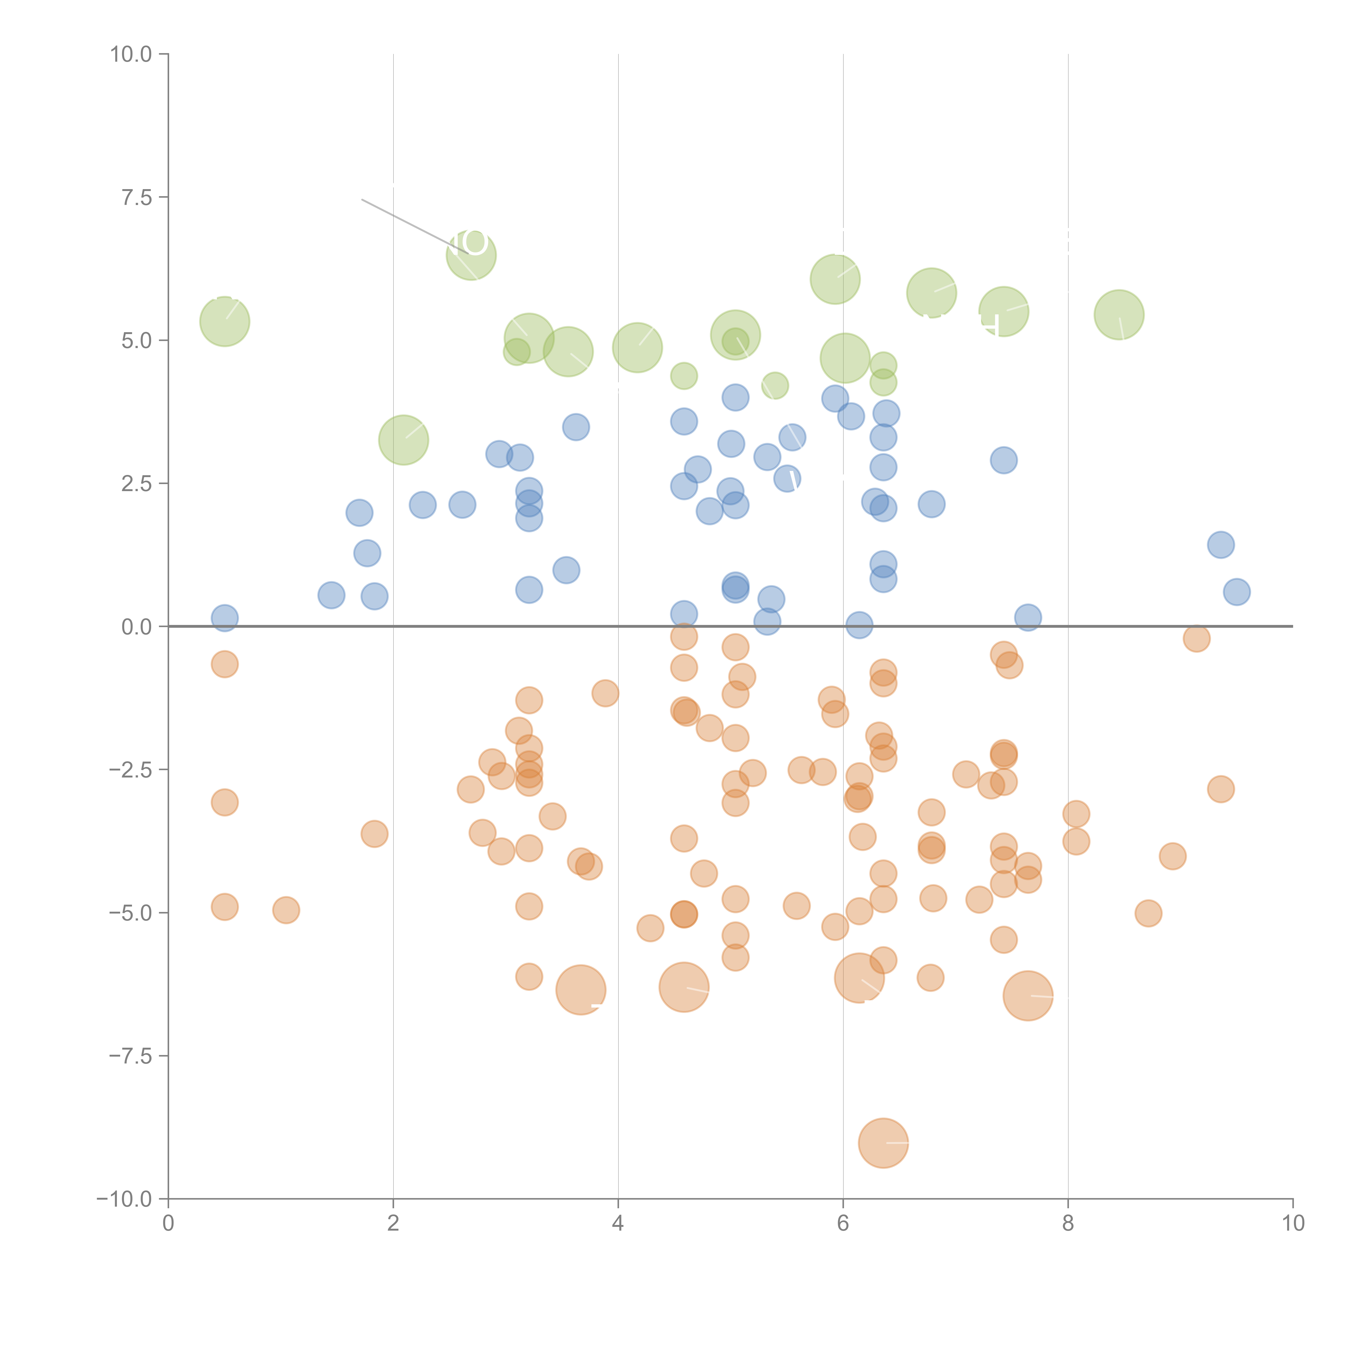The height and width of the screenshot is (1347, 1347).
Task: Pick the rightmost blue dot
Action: tap(1236, 592)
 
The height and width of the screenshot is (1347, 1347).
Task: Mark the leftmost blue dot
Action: tap(224, 618)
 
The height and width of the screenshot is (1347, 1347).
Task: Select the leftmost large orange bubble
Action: tap(581, 990)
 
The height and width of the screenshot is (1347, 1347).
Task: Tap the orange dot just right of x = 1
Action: tap(286, 910)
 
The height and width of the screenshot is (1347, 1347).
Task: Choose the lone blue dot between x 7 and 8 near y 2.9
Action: tap(1003, 460)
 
